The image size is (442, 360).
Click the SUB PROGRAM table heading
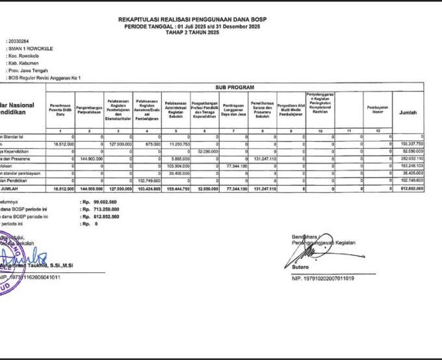(234, 87)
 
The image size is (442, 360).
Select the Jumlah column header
(409, 112)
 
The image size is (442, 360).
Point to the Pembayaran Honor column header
(378, 108)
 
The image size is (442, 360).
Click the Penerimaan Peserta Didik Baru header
(60, 108)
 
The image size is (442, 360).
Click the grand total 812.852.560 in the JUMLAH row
(410, 188)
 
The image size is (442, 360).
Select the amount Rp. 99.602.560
(99, 202)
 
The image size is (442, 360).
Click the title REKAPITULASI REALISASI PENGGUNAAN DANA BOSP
(192, 20)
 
